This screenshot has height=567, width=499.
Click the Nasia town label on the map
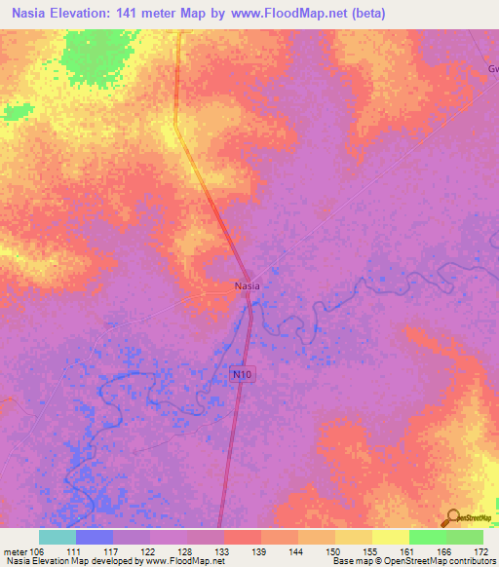[x=246, y=286]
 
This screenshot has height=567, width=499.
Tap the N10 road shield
[x=243, y=373]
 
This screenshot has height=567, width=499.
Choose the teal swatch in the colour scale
[x=57, y=537]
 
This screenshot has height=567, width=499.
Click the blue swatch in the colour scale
[x=94, y=537]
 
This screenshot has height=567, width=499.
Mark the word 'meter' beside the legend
[x=17, y=550]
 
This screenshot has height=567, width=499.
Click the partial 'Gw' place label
[x=492, y=69]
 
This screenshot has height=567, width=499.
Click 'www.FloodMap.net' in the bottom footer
[x=182, y=561]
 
